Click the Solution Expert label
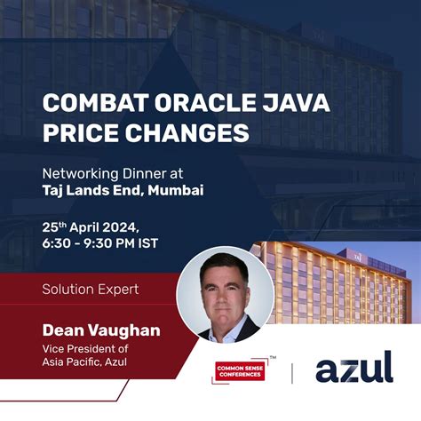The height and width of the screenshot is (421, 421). (91, 289)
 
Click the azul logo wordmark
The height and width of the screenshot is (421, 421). (353, 366)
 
